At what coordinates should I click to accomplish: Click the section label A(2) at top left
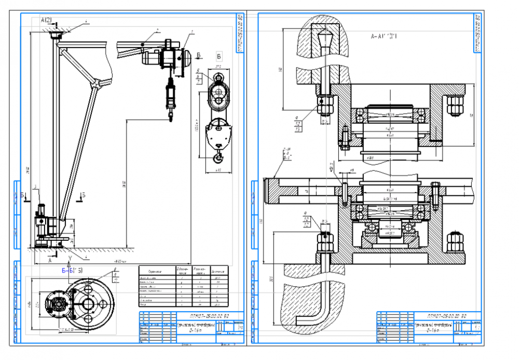coord(46,20)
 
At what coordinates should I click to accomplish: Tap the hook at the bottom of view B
coord(218,157)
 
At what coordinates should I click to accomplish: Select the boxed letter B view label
coord(219,55)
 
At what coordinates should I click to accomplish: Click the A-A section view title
coord(384,37)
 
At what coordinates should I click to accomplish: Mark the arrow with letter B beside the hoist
coord(198,55)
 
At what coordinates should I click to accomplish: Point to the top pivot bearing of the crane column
coord(54,34)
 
